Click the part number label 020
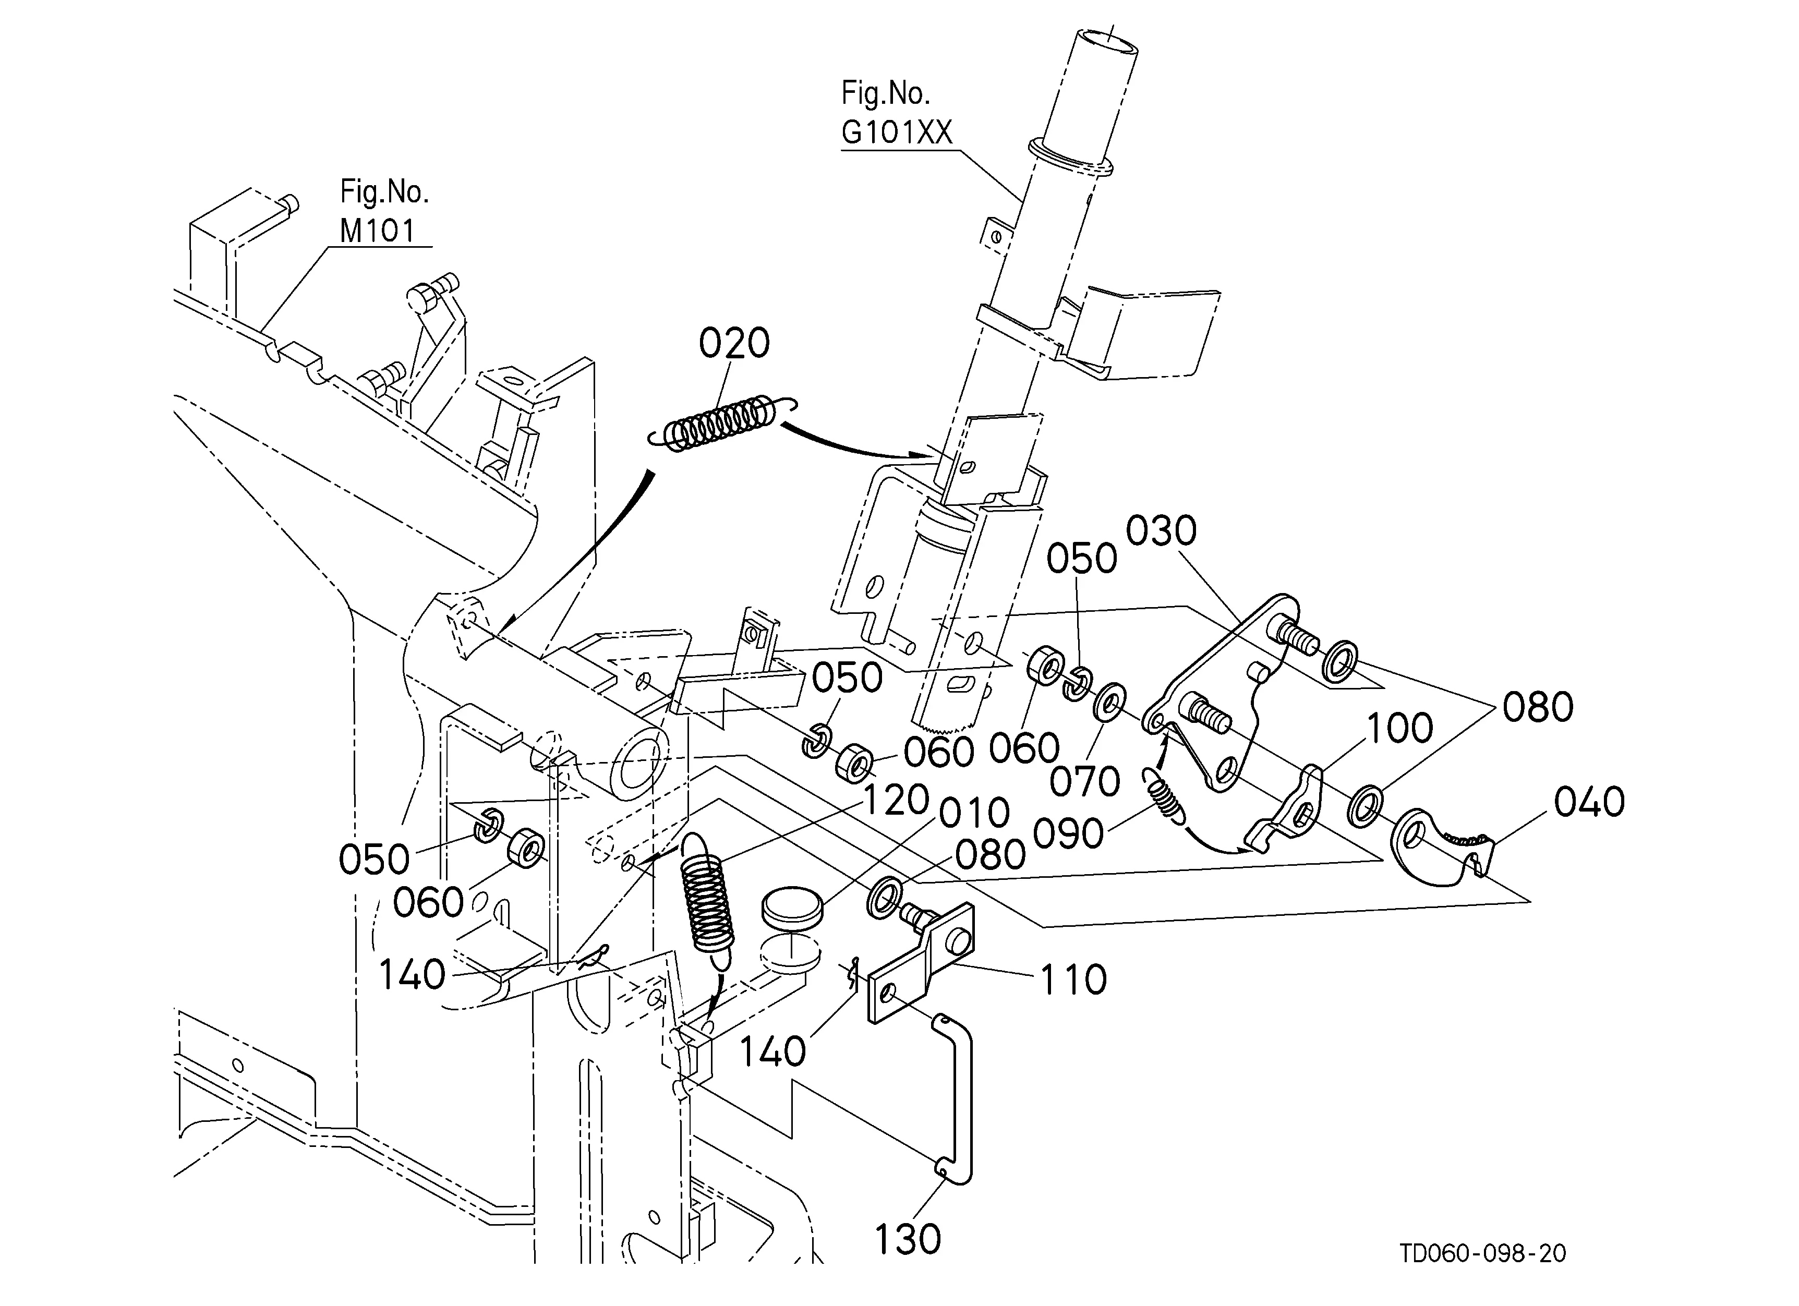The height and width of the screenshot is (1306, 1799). (734, 343)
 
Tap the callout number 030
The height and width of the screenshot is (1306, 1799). (1161, 531)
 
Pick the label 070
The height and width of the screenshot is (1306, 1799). (1084, 782)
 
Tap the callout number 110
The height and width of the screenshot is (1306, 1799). (1073, 980)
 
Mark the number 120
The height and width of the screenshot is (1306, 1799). (896, 801)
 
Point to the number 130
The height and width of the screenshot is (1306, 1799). (907, 1239)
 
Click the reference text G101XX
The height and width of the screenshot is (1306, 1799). (896, 132)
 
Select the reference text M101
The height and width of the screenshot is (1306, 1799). (378, 231)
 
